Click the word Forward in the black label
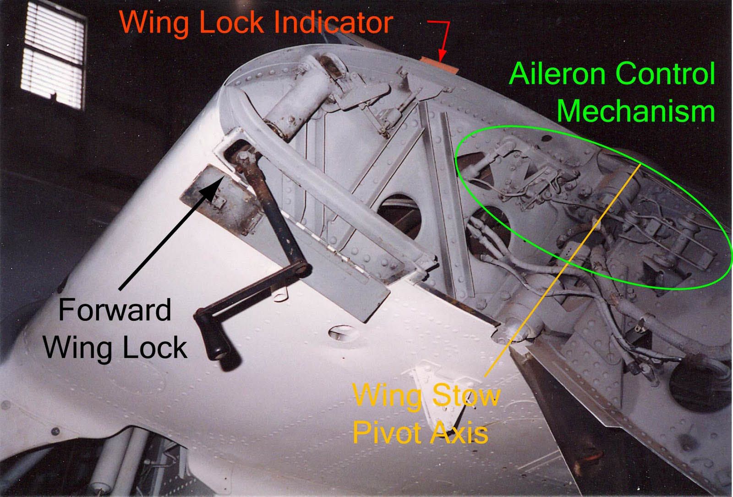115,310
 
